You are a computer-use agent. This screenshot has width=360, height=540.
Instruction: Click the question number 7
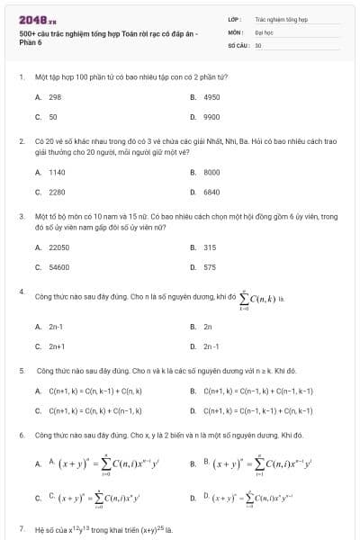[21, 528]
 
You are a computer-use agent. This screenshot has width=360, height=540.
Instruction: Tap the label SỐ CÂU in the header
[238, 44]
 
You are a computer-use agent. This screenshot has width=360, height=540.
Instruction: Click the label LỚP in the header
[235, 18]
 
